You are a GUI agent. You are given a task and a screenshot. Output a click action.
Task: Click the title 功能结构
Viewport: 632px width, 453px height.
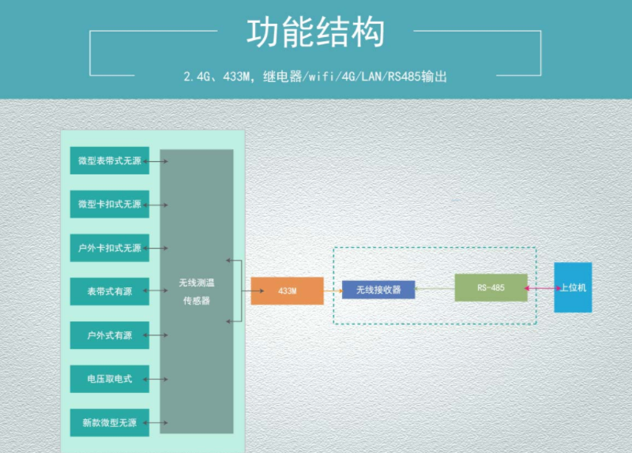tap(316, 34)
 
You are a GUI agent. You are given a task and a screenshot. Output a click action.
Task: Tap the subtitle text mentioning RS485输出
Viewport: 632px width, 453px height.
tap(315, 77)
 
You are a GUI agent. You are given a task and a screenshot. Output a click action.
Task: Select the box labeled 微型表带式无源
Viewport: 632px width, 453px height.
tap(109, 161)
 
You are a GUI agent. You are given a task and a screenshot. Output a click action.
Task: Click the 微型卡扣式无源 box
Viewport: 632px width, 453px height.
tap(109, 204)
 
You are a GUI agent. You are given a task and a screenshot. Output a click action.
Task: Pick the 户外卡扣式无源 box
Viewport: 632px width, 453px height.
tap(109, 248)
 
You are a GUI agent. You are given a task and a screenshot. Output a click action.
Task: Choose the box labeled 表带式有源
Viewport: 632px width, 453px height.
tap(109, 292)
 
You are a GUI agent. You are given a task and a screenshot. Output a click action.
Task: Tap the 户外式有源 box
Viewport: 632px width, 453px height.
tap(109, 335)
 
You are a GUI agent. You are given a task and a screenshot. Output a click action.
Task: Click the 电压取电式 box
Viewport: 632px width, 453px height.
tap(109, 379)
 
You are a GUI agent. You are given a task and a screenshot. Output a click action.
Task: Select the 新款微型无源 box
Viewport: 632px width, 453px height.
tap(109, 423)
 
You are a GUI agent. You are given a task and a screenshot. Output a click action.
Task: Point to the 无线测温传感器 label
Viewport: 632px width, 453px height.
tap(196, 291)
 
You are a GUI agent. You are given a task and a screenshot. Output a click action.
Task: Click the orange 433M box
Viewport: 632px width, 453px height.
tap(288, 291)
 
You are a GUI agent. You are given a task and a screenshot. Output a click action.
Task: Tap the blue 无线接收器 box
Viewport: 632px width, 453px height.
tap(378, 290)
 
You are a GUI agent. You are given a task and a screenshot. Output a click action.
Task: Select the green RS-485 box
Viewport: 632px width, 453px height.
tap(491, 288)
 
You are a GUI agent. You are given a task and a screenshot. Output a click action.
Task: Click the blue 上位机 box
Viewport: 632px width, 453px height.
tap(573, 288)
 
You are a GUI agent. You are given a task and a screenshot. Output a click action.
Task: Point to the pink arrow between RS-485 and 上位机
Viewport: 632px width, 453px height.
tap(540, 288)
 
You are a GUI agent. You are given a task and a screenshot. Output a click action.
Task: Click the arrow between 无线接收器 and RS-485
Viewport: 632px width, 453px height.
tap(434, 289)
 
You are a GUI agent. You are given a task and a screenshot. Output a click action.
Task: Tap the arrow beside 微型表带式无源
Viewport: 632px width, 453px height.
tap(159, 161)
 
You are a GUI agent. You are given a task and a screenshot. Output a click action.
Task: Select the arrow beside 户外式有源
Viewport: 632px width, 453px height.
tap(159, 335)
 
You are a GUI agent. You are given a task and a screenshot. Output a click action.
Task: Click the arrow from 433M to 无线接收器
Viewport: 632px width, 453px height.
tap(333, 290)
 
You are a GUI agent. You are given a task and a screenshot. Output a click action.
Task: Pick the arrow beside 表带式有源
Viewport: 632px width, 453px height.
tap(159, 292)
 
